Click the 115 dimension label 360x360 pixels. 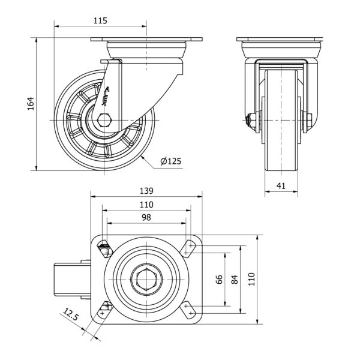click(100, 20)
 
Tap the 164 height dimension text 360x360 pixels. click(31, 103)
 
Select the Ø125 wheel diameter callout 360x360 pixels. click(171, 161)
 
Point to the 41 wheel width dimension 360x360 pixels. click(280, 186)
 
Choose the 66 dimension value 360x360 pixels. click(220, 279)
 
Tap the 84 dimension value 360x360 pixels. click(235, 279)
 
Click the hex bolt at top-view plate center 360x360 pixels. click(146, 279)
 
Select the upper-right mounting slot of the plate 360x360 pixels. click(190, 246)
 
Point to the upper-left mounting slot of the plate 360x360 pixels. click(104, 247)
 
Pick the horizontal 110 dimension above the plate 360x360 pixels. click(146, 205)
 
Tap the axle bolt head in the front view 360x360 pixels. click(248, 119)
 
